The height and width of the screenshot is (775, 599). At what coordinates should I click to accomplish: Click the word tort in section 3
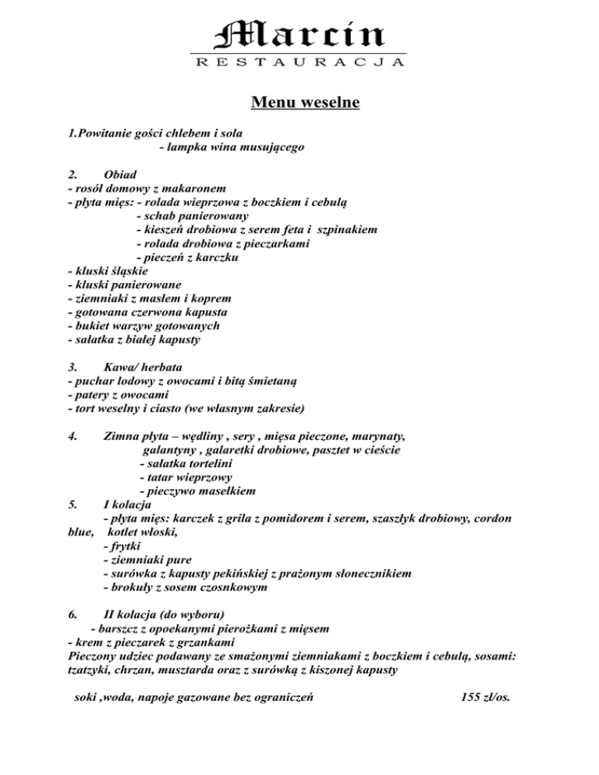coord(86,409)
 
